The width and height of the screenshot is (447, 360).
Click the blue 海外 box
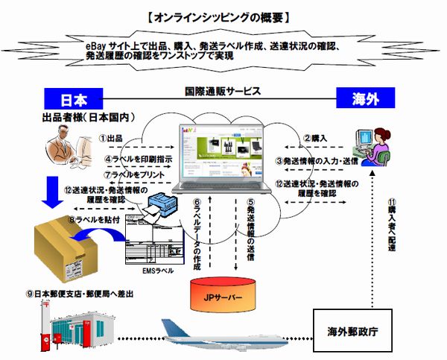click(x=375, y=99)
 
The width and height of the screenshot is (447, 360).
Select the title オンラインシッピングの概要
click(x=223, y=16)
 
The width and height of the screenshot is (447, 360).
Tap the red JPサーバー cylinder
click(x=223, y=294)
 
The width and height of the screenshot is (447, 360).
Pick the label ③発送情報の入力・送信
click(x=317, y=160)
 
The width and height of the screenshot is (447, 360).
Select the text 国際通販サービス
click(x=223, y=92)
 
